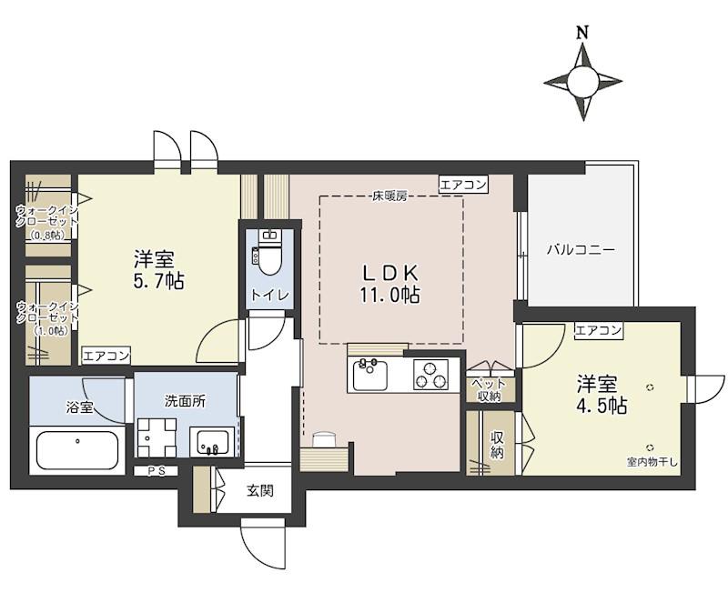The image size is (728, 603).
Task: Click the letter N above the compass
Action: click(x=582, y=33)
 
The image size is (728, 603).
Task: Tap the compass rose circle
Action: click(x=582, y=82)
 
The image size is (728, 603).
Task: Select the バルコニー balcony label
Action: click(x=581, y=250)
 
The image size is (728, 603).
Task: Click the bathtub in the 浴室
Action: click(x=77, y=450)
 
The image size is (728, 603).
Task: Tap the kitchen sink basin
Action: click(x=370, y=375)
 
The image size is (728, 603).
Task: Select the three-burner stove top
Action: click(x=430, y=374)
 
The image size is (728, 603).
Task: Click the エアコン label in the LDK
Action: click(x=463, y=185)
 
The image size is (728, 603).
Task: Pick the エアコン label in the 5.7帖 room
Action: click(x=106, y=356)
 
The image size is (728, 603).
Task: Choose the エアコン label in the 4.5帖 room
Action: click(x=598, y=330)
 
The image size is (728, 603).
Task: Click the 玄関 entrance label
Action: click(x=259, y=490)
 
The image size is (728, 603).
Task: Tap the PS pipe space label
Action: click(x=156, y=471)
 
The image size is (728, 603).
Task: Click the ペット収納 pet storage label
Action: click(x=489, y=390)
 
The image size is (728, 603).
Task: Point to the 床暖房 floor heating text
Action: click(x=389, y=196)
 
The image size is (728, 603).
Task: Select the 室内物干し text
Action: click(x=652, y=462)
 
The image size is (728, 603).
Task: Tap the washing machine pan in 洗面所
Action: click(x=157, y=437)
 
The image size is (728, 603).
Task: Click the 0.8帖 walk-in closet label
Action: click(x=48, y=236)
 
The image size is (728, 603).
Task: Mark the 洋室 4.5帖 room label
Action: click(x=602, y=395)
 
